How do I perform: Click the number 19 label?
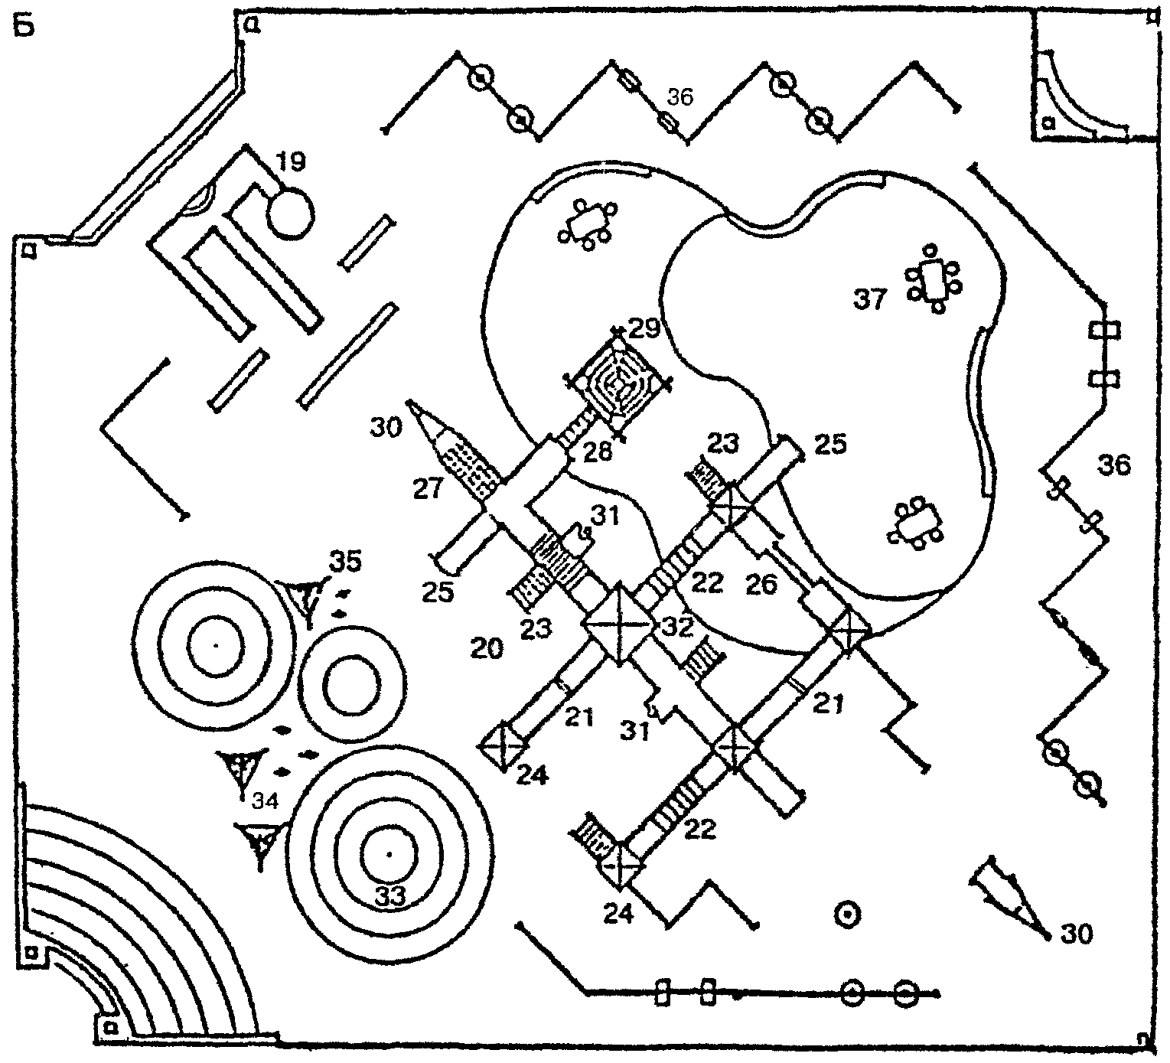(291, 161)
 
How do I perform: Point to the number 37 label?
(870, 300)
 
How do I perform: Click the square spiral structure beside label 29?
(618, 380)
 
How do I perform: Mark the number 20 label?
(487, 649)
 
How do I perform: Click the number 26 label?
(761, 586)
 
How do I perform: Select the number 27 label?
(429, 487)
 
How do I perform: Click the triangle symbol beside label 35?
(306, 597)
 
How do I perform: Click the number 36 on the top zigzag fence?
(680, 98)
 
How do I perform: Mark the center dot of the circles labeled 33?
(389, 853)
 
